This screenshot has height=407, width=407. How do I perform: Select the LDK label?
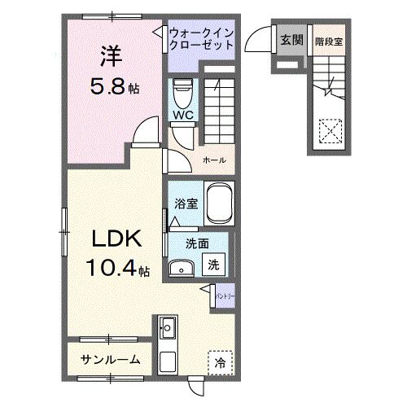pyautogui.click(x=116, y=239)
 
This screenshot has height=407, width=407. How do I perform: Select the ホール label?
pyautogui.click(x=214, y=160)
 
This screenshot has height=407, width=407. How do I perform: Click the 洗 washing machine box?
pyautogui.click(x=212, y=264)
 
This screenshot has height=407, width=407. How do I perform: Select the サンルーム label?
pyautogui.click(x=110, y=359)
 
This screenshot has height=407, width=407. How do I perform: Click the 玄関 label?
pyautogui.click(x=291, y=39)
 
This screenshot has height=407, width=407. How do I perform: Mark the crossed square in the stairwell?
pyautogui.click(x=330, y=131)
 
